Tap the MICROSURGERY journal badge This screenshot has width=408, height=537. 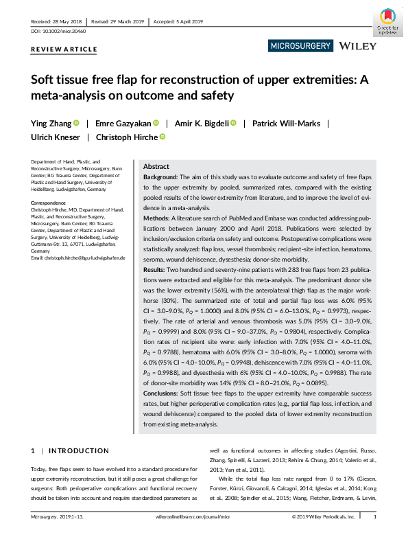(301, 46)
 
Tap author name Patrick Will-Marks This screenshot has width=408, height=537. (283, 124)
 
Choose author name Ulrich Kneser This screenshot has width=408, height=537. (56, 137)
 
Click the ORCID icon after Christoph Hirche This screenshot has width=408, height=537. (163, 137)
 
